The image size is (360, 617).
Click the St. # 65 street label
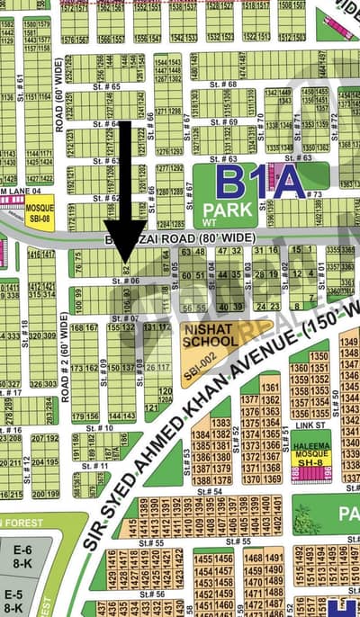point(106,87)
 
